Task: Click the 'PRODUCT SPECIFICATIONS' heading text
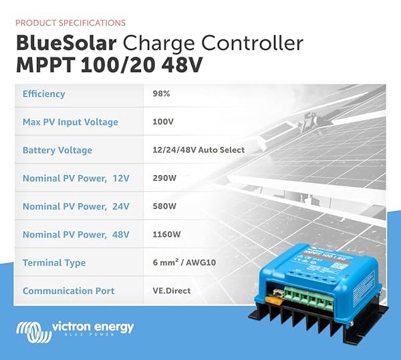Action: (x=71, y=23)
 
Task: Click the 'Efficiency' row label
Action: (x=43, y=94)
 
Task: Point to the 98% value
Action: (x=161, y=94)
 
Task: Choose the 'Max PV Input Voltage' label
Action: (x=70, y=122)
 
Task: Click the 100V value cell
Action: (x=162, y=122)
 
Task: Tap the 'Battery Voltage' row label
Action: (x=57, y=150)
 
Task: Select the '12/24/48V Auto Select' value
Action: (x=198, y=150)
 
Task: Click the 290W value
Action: (x=164, y=178)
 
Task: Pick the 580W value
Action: (x=164, y=206)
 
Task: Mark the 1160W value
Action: (x=166, y=234)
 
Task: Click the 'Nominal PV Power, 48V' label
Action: (x=76, y=234)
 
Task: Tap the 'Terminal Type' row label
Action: (x=54, y=262)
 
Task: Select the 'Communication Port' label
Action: (x=69, y=291)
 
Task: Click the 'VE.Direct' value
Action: (x=172, y=291)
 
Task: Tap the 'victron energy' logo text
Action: (x=92, y=327)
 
